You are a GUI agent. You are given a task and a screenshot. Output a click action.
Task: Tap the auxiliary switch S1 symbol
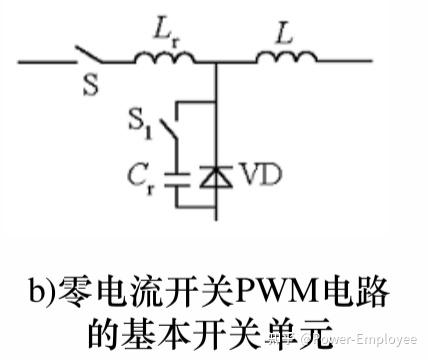[177, 135]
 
